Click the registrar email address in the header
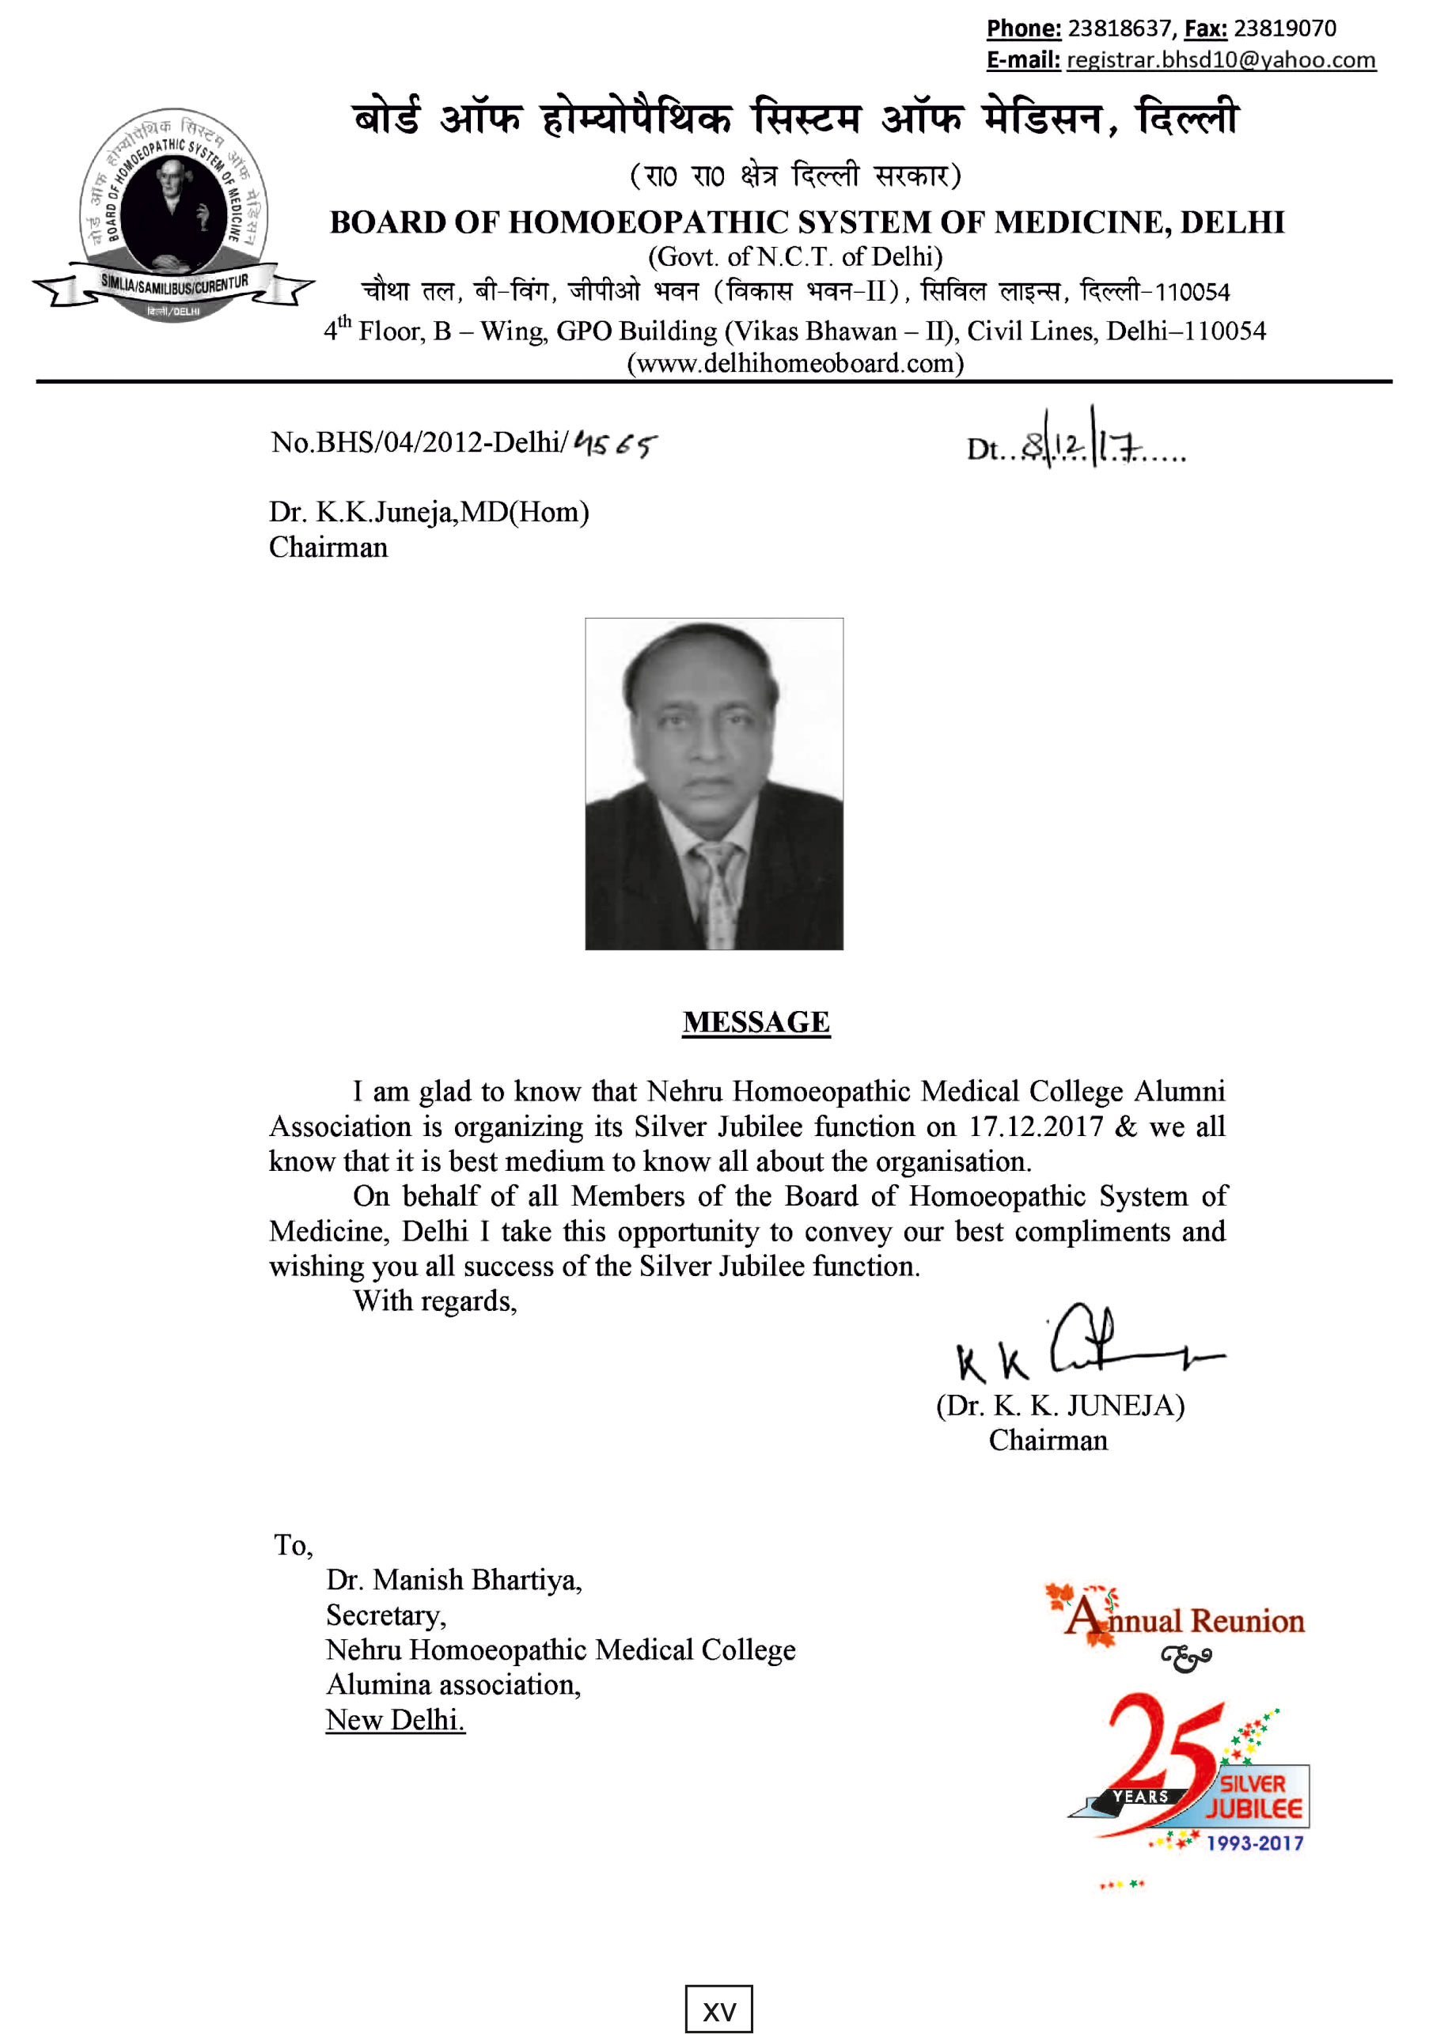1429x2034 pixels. pyautogui.click(x=1220, y=60)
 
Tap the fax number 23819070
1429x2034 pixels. pyautogui.click(x=1283, y=28)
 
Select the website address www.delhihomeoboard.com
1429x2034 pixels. pyautogui.click(x=794, y=363)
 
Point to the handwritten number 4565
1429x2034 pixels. pyautogui.click(x=615, y=443)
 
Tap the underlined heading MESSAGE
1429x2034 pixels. pyautogui.click(x=756, y=1022)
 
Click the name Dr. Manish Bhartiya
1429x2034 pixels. pyautogui.click(x=453, y=1580)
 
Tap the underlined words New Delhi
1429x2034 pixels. pyautogui.click(x=395, y=1719)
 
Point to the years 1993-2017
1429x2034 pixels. pyautogui.click(x=1254, y=1843)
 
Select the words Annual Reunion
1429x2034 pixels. pyautogui.click(x=1185, y=1621)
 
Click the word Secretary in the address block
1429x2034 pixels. pyautogui.click(x=385, y=1615)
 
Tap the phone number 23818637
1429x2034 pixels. pyautogui.click(x=1119, y=28)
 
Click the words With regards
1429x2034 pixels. pyautogui.click(x=434, y=1301)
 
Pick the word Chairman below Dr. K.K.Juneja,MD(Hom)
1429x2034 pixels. pyautogui.click(x=328, y=547)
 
